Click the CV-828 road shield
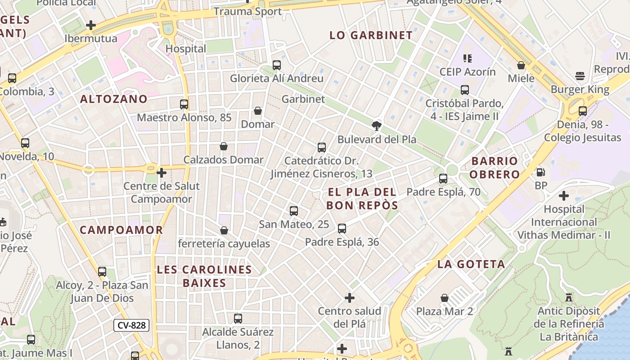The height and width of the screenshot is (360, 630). (x=131, y=325)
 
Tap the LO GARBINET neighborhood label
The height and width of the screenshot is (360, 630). (x=371, y=36)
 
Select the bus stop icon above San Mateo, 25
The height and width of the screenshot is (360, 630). (x=294, y=211)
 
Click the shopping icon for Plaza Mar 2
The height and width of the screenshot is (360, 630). (x=445, y=298)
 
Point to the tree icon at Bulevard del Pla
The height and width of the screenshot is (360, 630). (x=377, y=126)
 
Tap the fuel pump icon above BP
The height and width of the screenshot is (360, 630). (x=540, y=172)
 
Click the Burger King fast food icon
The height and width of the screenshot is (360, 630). (x=580, y=76)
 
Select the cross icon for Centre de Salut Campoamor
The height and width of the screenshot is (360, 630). (x=162, y=173)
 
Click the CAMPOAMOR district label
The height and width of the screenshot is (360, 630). (x=121, y=230)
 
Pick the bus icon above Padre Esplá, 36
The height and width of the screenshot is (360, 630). (x=342, y=229)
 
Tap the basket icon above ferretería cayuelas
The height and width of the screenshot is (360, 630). (x=224, y=230)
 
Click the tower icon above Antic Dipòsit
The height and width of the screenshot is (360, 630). (x=569, y=297)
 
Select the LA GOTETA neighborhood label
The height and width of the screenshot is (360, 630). (x=471, y=264)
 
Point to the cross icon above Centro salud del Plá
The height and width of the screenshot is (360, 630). (x=350, y=298)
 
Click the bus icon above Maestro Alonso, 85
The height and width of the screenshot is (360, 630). (x=184, y=104)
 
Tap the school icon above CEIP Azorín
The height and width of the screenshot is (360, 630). (x=468, y=58)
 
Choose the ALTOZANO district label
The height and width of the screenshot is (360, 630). (x=114, y=99)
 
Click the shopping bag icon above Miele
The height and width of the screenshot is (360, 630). (x=521, y=65)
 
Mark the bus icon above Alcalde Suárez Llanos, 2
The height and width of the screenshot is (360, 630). (x=238, y=319)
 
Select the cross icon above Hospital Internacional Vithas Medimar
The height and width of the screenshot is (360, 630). (x=563, y=196)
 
